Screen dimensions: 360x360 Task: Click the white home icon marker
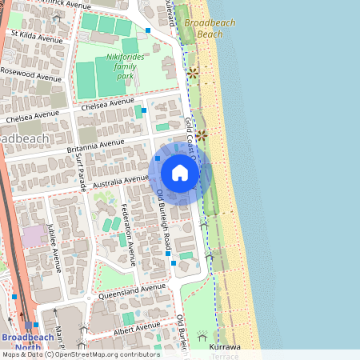[180, 172]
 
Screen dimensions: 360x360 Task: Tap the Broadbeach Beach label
[210, 29]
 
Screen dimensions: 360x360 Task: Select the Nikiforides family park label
[122, 66]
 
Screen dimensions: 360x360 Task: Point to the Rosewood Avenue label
[31, 74]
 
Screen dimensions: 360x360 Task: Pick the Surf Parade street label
[81, 173]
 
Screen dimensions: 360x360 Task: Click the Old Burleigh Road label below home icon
[164, 216]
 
